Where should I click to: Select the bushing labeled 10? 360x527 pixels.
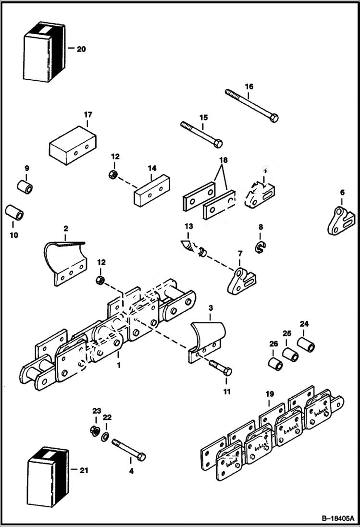[x=14, y=213]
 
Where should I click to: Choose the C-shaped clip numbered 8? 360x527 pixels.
[x=261, y=247]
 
